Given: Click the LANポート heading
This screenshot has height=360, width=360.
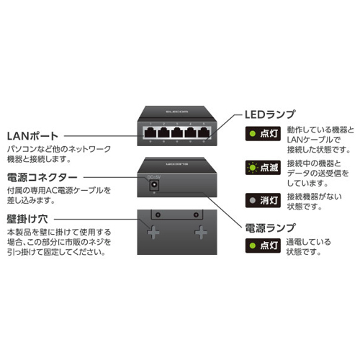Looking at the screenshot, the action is click(x=32, y=136).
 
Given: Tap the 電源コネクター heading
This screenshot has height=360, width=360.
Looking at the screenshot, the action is click(x=42, y=178).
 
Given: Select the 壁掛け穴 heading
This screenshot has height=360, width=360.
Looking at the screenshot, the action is click(x=27, y=219).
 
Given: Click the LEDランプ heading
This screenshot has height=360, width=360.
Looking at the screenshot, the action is click(x=270, y=114).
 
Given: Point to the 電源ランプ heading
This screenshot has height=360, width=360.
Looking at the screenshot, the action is click(x=270, y=228).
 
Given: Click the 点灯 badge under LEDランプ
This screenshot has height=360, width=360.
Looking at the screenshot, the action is click(x=263, y=133).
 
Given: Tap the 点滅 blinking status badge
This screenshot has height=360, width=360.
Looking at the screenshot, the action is click(x=263, y=167).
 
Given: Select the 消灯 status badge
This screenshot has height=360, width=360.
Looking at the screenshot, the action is click(x=263, y=200).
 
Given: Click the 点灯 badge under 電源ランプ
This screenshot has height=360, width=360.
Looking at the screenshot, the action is click(x=263, y=246).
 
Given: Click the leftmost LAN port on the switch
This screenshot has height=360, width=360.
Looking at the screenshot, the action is click(x=150, y=132).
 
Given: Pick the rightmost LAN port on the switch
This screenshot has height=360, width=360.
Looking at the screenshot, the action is click(x=204, y=132).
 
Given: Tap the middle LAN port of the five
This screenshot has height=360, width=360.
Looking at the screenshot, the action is click(x=177, y=132).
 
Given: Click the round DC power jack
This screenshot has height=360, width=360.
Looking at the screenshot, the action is click(x=153, y=185).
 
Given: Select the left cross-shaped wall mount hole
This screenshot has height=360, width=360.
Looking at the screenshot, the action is click(x=153, y=232).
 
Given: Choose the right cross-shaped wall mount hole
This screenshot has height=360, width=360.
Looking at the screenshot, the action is click(x=201, y=232).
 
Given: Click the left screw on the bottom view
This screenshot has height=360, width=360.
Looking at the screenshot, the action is click(x=158, y=215).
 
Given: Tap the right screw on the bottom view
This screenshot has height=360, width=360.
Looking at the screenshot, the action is click(x=196, y=215).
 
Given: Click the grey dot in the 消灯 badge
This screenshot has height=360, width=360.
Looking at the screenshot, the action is click(x=253, y=200).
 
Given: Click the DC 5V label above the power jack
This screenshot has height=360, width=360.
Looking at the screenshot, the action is click(x=153, y=177).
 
